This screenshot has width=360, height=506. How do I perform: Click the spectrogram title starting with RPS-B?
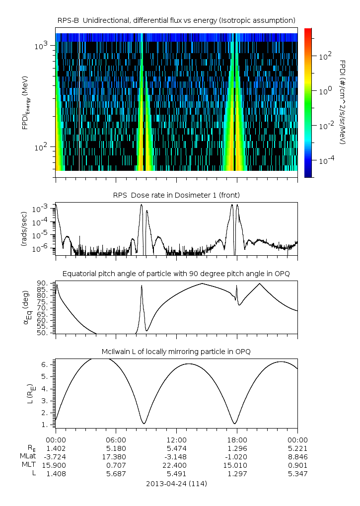[176, 20]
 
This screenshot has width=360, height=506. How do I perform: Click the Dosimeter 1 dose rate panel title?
[176, 195]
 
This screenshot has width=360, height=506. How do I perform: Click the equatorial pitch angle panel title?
[176, 274]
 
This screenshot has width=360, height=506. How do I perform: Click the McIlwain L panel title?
[176, 352]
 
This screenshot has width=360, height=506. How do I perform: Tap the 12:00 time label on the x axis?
[176, 439]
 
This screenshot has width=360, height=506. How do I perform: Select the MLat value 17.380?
[116, 456]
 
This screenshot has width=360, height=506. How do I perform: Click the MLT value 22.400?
[176, 465]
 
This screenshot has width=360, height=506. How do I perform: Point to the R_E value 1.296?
[237, 448]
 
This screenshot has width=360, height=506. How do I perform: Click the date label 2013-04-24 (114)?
[176, 483]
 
